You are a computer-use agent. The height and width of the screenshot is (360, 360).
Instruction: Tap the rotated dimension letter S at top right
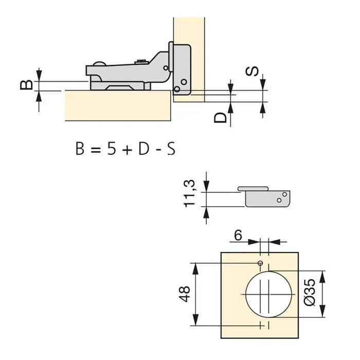coord(252,72)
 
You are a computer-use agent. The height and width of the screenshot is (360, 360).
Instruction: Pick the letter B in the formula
coord(80,149)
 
